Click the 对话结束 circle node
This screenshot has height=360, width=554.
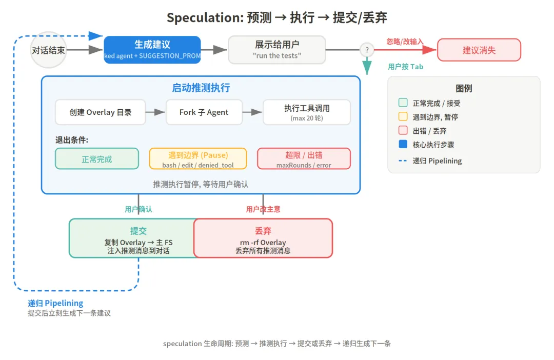(x=49, y=50)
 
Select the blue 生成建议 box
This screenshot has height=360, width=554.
(x=152, y=50)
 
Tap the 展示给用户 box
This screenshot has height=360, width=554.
(x=277, y=50)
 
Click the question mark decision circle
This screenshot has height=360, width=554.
(x=367, y=50)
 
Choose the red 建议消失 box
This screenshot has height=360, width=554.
(x=479, y=50)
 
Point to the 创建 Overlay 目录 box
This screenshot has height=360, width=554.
(x=101, y=112)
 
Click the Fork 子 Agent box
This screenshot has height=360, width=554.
(x=204, y=112)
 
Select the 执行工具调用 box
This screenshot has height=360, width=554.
(x=307, y=112)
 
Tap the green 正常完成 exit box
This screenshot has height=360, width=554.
(x=97, y=159)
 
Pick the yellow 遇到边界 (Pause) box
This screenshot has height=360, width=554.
(x=198, y=159)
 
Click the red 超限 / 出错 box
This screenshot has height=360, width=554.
(x=304, y=159)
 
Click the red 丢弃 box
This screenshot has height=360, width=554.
(x=263, y=238)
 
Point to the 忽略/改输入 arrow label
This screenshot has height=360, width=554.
(x=405, y=42)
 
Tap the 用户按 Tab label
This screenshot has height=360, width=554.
(x=406, y=67)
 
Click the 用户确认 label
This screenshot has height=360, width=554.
(x=138, y=209)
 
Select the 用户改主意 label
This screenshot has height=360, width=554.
(x=263, y=209)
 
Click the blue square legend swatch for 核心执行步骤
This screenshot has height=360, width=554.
(x=403, y=145)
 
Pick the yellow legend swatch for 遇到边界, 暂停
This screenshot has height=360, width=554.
(x=403, y=117)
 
